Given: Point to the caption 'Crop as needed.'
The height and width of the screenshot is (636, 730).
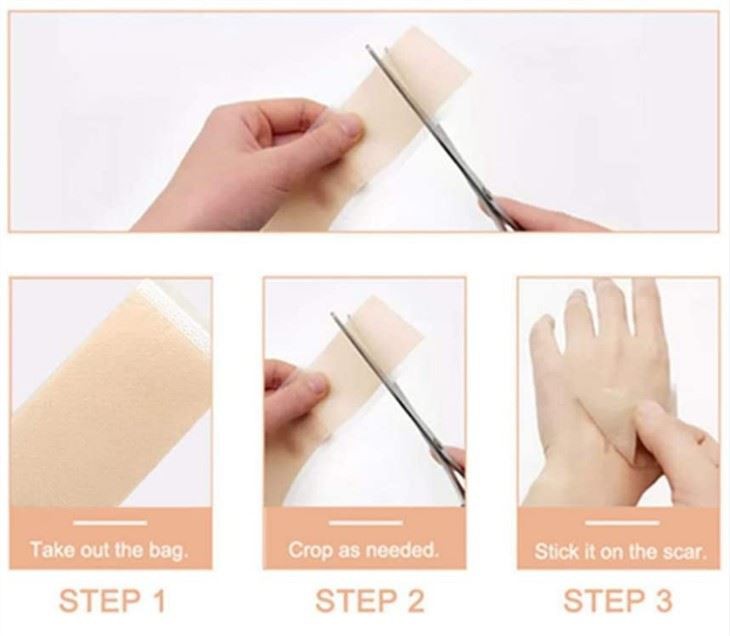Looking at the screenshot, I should pos(364,550).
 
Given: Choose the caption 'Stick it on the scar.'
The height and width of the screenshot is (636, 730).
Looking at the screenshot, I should pos(619,550).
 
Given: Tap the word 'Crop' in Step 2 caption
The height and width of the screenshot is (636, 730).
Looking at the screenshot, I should pos(308,550).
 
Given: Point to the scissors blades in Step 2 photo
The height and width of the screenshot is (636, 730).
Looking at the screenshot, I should pos(400,400).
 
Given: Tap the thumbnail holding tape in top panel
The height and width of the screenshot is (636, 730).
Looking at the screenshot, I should pos(345,125).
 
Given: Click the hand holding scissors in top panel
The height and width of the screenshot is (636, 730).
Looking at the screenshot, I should pos(540,215).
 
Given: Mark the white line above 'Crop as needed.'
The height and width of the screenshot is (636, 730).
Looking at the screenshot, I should pos(364,522).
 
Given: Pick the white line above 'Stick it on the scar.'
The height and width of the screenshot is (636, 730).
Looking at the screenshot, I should pos(619,522).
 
